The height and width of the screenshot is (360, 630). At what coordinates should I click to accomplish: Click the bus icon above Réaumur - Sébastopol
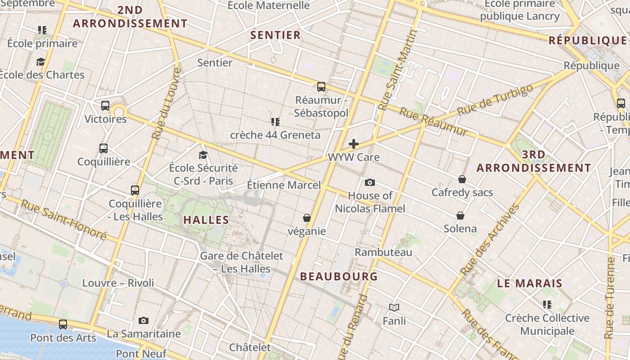[x=321, y=86]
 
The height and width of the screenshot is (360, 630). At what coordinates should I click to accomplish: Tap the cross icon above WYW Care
[x=354, y=144]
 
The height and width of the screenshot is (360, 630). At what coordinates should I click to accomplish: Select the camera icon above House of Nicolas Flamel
[x=370, y=182]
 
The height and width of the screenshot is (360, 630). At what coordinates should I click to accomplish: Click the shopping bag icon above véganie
[x=307, y=218]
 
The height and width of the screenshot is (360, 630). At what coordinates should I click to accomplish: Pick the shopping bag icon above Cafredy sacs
[x=462, y=179]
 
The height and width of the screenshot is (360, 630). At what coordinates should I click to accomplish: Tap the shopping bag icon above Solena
[x=460, y=215]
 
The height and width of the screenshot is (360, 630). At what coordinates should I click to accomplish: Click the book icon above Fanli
[x=394, y=307]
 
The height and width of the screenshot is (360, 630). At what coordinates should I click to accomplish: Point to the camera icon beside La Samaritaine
[x=144, y=320]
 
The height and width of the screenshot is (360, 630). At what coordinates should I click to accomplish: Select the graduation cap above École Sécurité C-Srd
[x=203, y=155]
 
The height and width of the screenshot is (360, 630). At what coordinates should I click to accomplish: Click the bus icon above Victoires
[x=105, y=106]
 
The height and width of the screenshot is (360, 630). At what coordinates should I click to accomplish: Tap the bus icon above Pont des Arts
[x=63, y=324]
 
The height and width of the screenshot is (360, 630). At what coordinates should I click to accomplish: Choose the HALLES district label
[x=206, y=220]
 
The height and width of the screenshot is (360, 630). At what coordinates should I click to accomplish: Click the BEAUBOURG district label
[x=339, y=276]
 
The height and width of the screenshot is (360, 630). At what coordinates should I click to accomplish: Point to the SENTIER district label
[x=275, y=35]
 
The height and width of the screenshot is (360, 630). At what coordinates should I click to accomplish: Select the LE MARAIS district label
[x=530, y=283]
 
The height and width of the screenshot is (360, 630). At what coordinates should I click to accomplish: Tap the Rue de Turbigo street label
[x=495, y=99]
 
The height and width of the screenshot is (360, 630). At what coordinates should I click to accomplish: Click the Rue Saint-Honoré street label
[x=63, y=220]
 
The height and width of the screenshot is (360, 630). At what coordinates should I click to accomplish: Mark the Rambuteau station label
[x=383, y=252]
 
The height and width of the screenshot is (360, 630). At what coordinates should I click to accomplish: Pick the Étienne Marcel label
[x=284, y=185]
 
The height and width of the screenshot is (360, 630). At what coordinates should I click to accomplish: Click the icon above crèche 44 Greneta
[x=275, y=121]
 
